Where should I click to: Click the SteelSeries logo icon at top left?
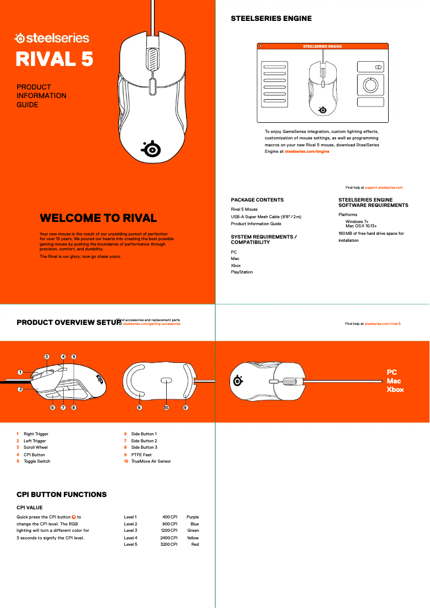click(19, 38)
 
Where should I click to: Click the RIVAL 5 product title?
click(54, 58)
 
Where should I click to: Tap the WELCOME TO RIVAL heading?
click(98, 218)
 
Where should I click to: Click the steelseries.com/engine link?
click(307, 152)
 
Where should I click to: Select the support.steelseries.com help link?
click(383, 188)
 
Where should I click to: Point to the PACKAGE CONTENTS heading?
click(257, 200)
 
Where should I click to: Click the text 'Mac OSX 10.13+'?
click(361, 226)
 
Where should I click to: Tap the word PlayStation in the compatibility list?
click(242, 272)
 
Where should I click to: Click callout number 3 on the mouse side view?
click(47, 357)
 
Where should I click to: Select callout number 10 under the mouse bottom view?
click(166, 408)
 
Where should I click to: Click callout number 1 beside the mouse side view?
click(20, 372)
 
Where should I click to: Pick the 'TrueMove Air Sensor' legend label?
click(151, 462)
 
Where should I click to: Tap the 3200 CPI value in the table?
click(169, 545)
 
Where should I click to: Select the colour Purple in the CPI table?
click(192, 517)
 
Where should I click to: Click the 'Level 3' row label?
click(131, 531)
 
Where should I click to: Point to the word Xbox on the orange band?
click(395, 390)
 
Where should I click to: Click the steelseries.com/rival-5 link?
click(383, 324)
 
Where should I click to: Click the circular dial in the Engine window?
click(370, 85)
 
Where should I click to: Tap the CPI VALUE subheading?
click(29, 508)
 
